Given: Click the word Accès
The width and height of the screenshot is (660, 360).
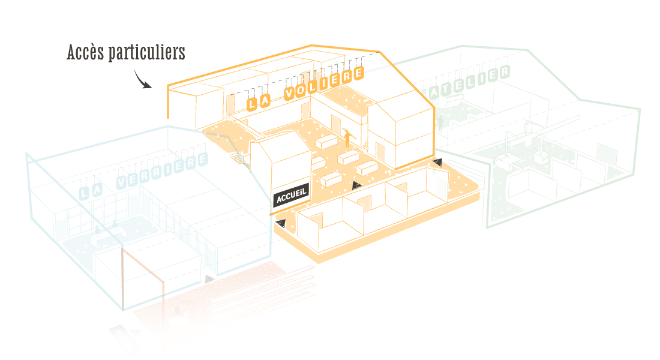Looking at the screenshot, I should click(85, 52).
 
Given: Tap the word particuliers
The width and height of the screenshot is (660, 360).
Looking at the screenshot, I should click(146, 53).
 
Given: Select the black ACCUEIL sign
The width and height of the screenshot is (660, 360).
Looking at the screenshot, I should click(291, 196).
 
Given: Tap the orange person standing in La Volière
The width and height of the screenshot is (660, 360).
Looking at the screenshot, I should click(346, 140).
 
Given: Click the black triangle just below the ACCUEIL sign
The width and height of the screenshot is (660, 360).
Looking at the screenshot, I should click(279, 225).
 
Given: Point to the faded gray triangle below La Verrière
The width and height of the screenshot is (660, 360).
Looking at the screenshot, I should click(208, 279).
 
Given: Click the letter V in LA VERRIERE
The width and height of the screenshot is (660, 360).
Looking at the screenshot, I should click(124, 182).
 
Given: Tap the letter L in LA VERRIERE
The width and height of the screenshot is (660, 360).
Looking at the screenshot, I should click(85, 193).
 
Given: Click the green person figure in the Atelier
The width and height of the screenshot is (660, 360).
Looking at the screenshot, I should click(440, 124).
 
